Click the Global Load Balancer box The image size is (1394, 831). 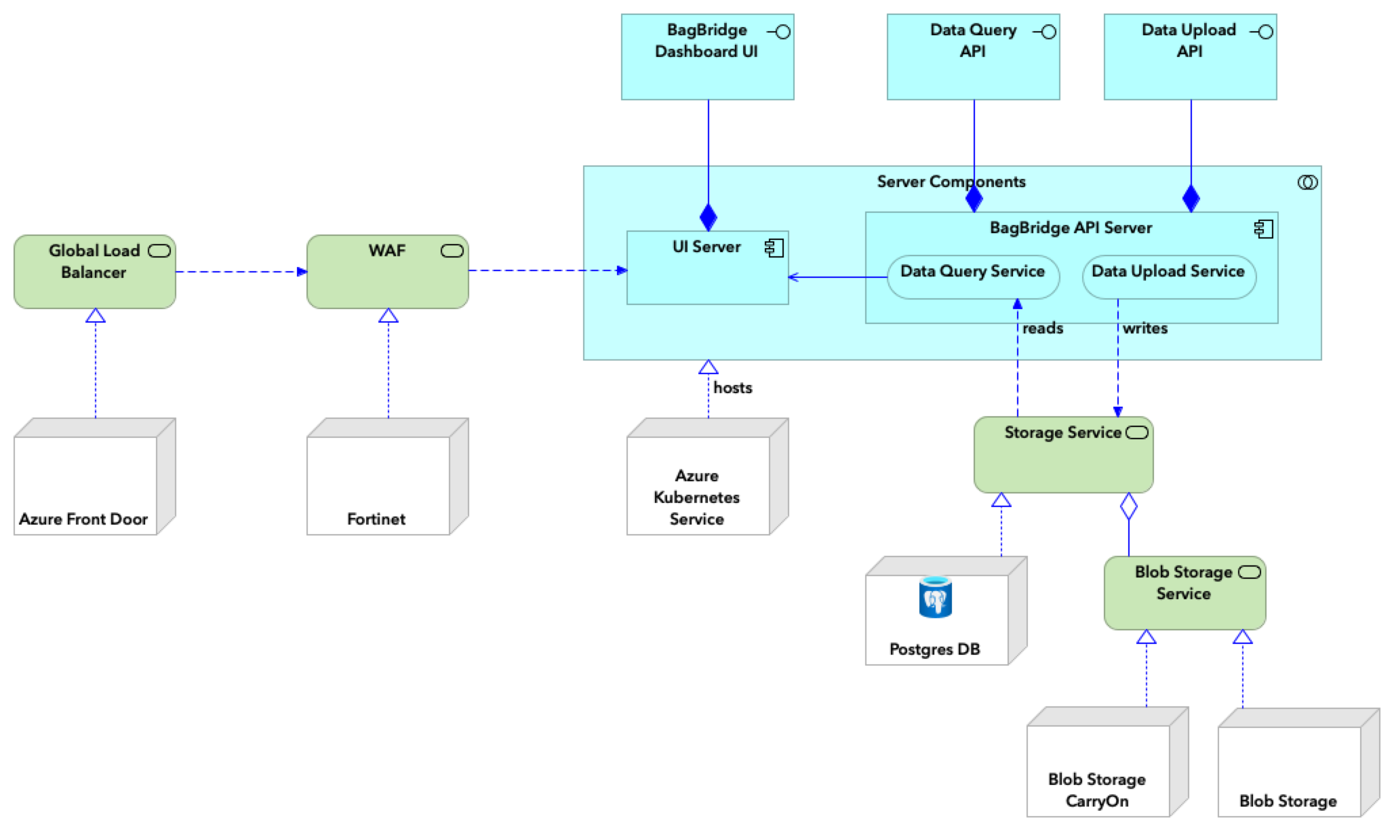tap(94, 272)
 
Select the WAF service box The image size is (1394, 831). tap(387, 272)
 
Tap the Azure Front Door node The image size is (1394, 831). tap(85, 485)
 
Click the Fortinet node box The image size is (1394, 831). tap(378, 485)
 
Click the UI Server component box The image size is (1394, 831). tap(707, 268)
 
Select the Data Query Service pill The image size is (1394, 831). tap(972, 276)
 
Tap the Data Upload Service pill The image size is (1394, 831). tap(1168, 276)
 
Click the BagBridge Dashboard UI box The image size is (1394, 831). tap(707, 57)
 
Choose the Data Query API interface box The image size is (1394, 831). tap(973, 57)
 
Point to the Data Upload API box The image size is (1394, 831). tap(1190, 57)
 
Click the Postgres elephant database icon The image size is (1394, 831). tap(935, 597)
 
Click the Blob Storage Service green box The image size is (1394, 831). tap(1184, 593)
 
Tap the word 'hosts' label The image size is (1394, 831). tap(732, 388)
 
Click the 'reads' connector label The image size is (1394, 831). tap(1042, 329)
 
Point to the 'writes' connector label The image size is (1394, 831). tap(1144, 329)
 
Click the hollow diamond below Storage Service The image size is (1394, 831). tap(1128, 506)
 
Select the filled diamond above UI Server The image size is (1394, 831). tap(708, 217)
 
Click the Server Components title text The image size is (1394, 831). tap(951, 182)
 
